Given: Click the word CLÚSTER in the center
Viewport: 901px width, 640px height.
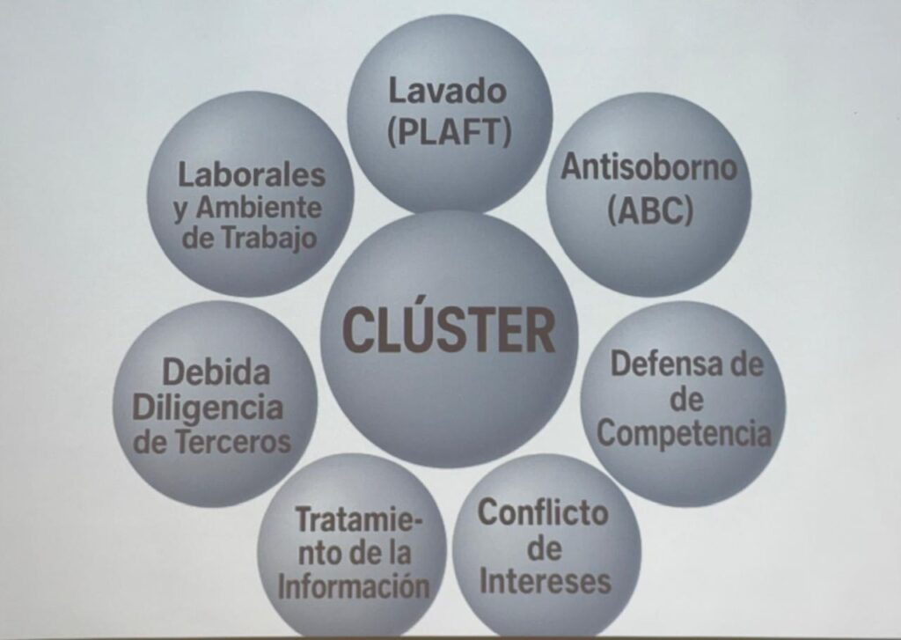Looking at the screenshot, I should pos(449,330).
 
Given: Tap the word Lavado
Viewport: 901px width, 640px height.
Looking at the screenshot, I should pos(449,90).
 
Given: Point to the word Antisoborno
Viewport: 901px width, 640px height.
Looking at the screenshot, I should pos(648,167).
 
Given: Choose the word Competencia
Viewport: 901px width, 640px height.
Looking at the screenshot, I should pos(689,432).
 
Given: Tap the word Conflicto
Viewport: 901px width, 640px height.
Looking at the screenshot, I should pos(542,512).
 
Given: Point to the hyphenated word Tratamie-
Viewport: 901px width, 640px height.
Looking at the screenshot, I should pos(358,519).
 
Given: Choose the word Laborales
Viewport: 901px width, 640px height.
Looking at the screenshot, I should pos(252,173).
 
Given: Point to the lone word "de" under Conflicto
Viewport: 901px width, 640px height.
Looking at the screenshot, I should pos(546,548).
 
